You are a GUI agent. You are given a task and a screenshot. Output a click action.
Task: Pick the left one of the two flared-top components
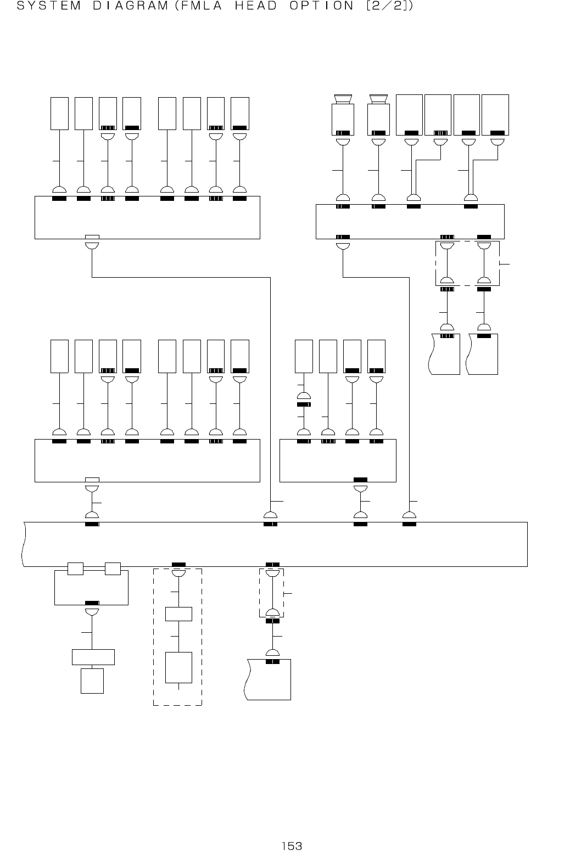click(343, 116)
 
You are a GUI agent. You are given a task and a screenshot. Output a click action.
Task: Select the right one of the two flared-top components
click(378, 116)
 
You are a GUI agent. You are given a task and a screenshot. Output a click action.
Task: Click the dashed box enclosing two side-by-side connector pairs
click(467, 263)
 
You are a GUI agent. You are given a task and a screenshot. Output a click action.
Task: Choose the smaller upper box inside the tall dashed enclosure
click(178, 614)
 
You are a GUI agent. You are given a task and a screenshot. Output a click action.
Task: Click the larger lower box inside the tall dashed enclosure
click(178, 667)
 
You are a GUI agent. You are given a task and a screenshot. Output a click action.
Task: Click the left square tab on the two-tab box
click(75, 569)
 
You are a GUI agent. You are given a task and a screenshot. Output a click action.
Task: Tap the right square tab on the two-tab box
click(113, 569)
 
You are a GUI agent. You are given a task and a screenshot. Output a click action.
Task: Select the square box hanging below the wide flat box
click(92, 681)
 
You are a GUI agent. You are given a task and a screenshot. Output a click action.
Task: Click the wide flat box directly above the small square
click(93, 656)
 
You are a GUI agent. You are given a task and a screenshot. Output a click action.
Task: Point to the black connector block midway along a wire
click(304, 404)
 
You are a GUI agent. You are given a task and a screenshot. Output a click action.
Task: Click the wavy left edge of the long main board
click(24, 544)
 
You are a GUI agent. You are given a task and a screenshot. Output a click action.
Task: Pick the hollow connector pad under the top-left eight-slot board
click(92, 237)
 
